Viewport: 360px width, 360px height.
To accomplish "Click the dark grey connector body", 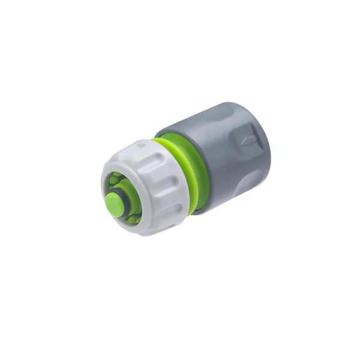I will (228, 156).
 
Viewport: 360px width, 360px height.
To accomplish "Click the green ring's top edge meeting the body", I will (168, 139).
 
